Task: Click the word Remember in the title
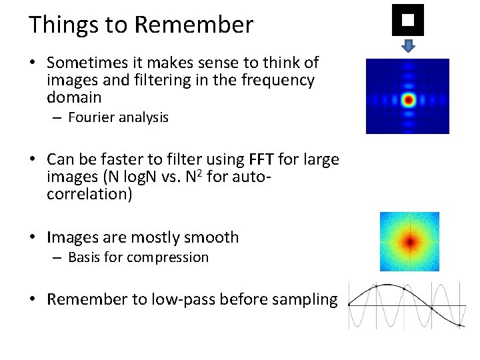click(193, 25)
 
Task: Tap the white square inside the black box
click(408, 19)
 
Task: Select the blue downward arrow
click(409, 45)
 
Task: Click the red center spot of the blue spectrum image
click(408, 100)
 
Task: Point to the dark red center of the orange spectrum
click(409, 241)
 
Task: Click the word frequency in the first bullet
click(281, 80)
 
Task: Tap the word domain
click(74, 97)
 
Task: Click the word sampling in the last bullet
click(306, 299)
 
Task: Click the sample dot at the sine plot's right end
click(459, 325)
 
